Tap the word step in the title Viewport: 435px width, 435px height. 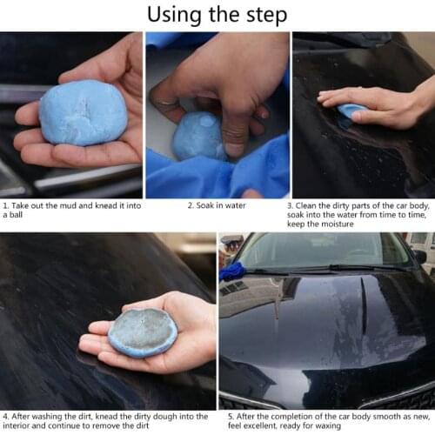264,17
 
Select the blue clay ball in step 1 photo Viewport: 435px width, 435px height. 83,112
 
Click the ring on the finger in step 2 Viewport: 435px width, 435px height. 165,101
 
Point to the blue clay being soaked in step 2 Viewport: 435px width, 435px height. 199,137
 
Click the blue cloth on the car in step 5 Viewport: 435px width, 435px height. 232,271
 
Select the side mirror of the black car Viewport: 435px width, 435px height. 420,256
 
